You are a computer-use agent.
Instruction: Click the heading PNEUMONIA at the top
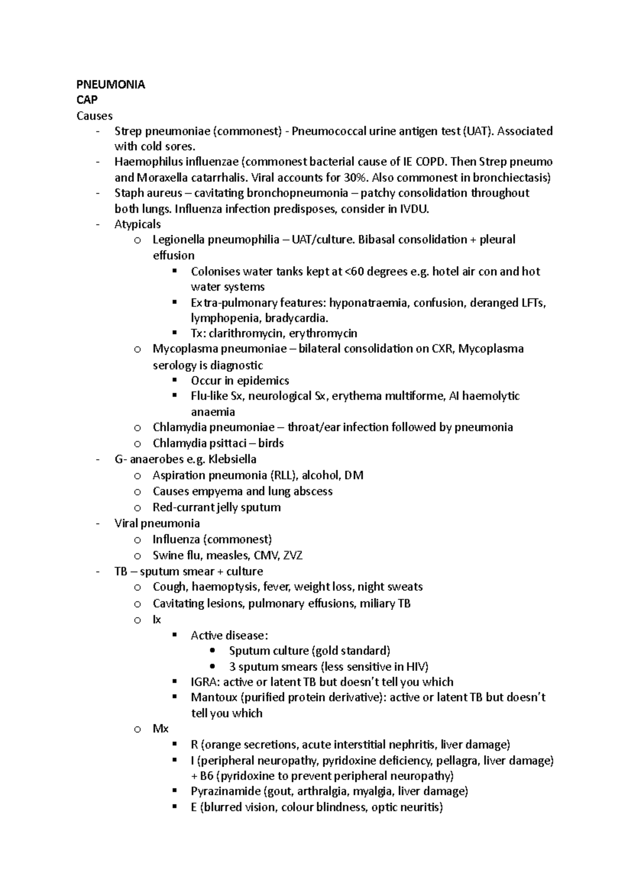coord(110,85)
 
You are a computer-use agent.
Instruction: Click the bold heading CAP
coord(87,100)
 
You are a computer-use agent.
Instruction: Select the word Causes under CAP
coord(94,116)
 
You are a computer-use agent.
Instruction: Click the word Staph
coord(128,193)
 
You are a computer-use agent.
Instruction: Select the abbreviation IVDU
coord(414,209)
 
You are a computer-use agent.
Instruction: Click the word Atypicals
coord(137,224)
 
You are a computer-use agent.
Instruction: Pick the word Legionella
coord(178,240)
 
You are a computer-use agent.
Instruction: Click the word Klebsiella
coord(232,459)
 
